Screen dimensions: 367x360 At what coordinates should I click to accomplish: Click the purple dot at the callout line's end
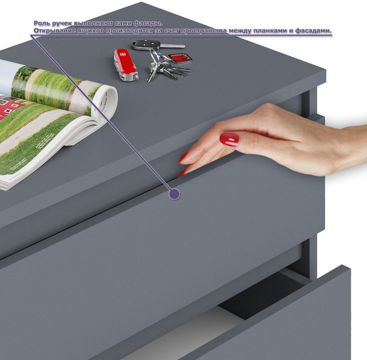[x=174, y=194]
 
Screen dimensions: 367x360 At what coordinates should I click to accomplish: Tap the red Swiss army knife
[x=126, y=65]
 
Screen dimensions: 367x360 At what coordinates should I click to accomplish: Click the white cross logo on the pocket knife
[x=122, y=55]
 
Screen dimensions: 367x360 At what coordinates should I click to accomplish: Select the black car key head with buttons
[x=146, y=44]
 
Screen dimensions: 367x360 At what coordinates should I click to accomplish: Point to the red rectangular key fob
[x=180, y=58]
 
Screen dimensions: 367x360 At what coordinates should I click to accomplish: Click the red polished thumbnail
[x=229, y=140]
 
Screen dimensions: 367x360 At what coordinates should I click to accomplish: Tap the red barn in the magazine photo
[x=10, y=108]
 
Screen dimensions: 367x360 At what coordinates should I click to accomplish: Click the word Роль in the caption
[x=41, y=24]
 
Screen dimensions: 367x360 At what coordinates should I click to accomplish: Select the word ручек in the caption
[x=61, y=24]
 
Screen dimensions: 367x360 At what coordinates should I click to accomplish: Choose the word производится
[x=129, y=31]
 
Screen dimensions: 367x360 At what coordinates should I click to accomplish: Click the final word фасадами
[x=314, y=31]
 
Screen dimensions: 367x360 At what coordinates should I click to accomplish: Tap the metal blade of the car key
[x=172, y=46]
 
